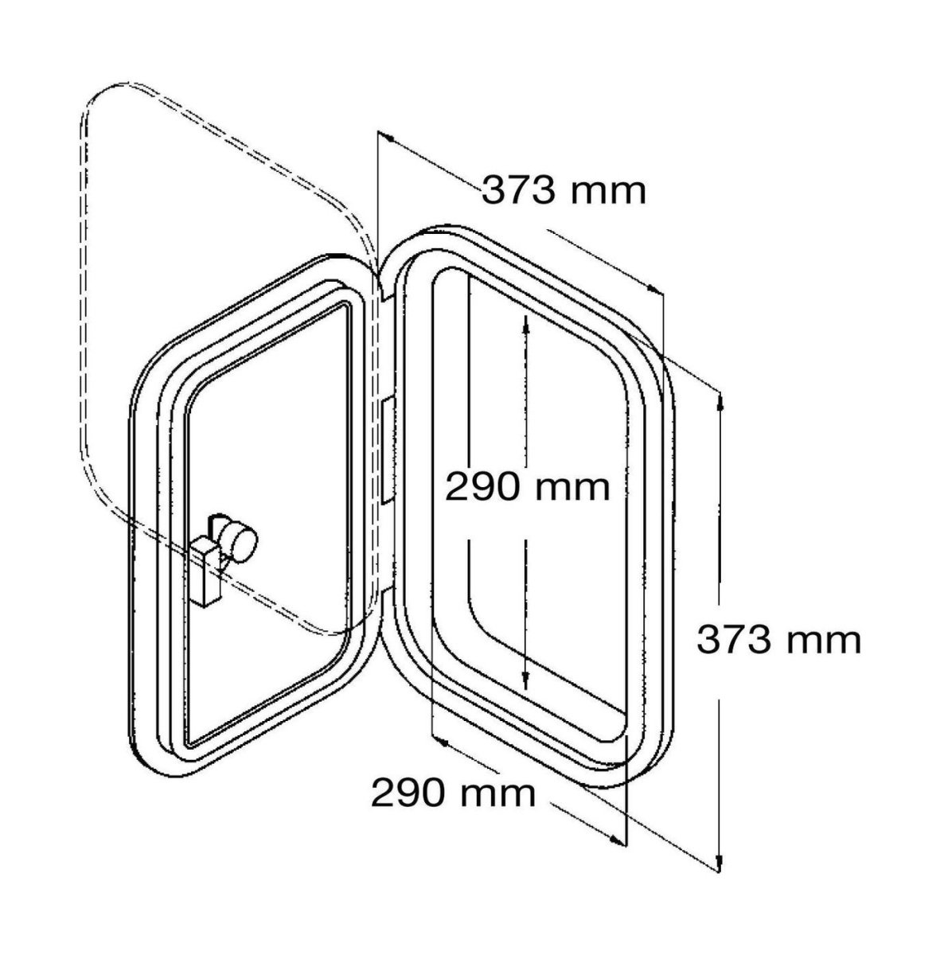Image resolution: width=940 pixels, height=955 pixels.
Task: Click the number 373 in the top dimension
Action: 518,190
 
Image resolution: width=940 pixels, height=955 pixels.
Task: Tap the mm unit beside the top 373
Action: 608,193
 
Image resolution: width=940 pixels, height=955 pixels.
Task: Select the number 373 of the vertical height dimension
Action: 733,641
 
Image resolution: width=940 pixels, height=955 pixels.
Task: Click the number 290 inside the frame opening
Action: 482,488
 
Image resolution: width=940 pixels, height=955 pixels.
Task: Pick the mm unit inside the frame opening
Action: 571,491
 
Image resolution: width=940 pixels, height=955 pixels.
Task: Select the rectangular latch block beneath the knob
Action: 207,573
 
